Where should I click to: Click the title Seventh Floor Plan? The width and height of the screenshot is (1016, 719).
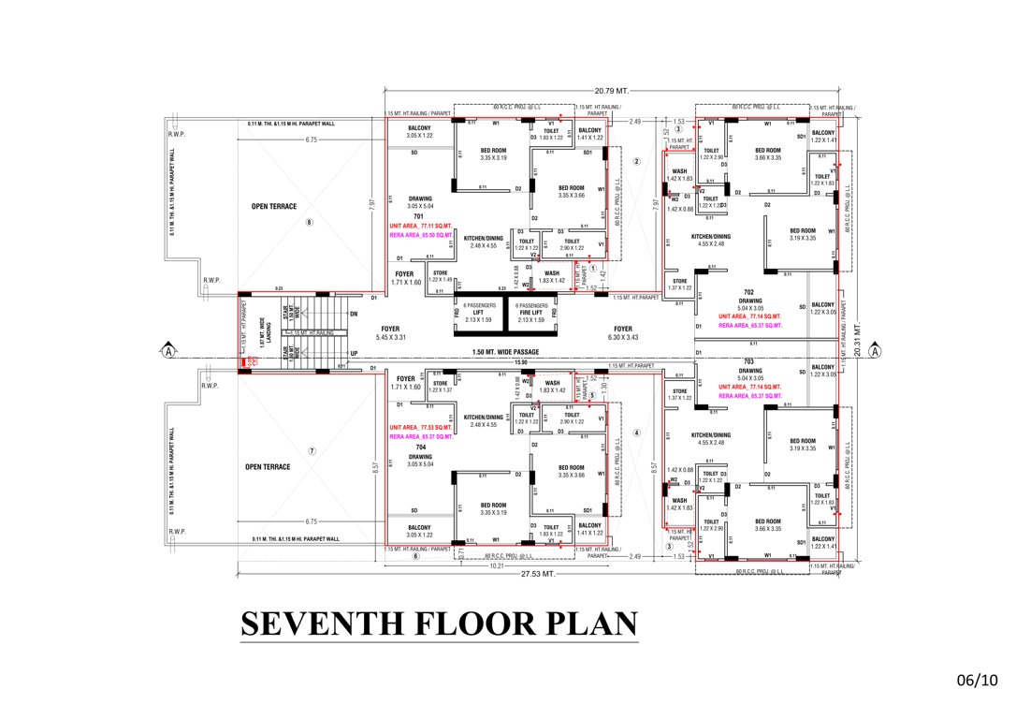[439, 624]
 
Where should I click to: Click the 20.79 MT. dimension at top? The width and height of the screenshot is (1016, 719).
[610, 90]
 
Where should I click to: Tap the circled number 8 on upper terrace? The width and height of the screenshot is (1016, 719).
[310, 222]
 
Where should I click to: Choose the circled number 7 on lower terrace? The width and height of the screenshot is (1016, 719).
[312, 451]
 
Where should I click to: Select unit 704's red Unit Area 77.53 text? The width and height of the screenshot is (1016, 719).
[421, 427]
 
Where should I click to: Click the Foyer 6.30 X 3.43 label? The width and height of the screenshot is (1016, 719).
[623, 332]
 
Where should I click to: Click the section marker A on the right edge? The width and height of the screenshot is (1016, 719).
[875, 352]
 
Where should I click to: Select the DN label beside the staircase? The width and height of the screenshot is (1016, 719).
[353, 315]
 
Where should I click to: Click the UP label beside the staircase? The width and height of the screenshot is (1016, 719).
[353, 354]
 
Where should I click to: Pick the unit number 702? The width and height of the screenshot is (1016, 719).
[748, 293]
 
